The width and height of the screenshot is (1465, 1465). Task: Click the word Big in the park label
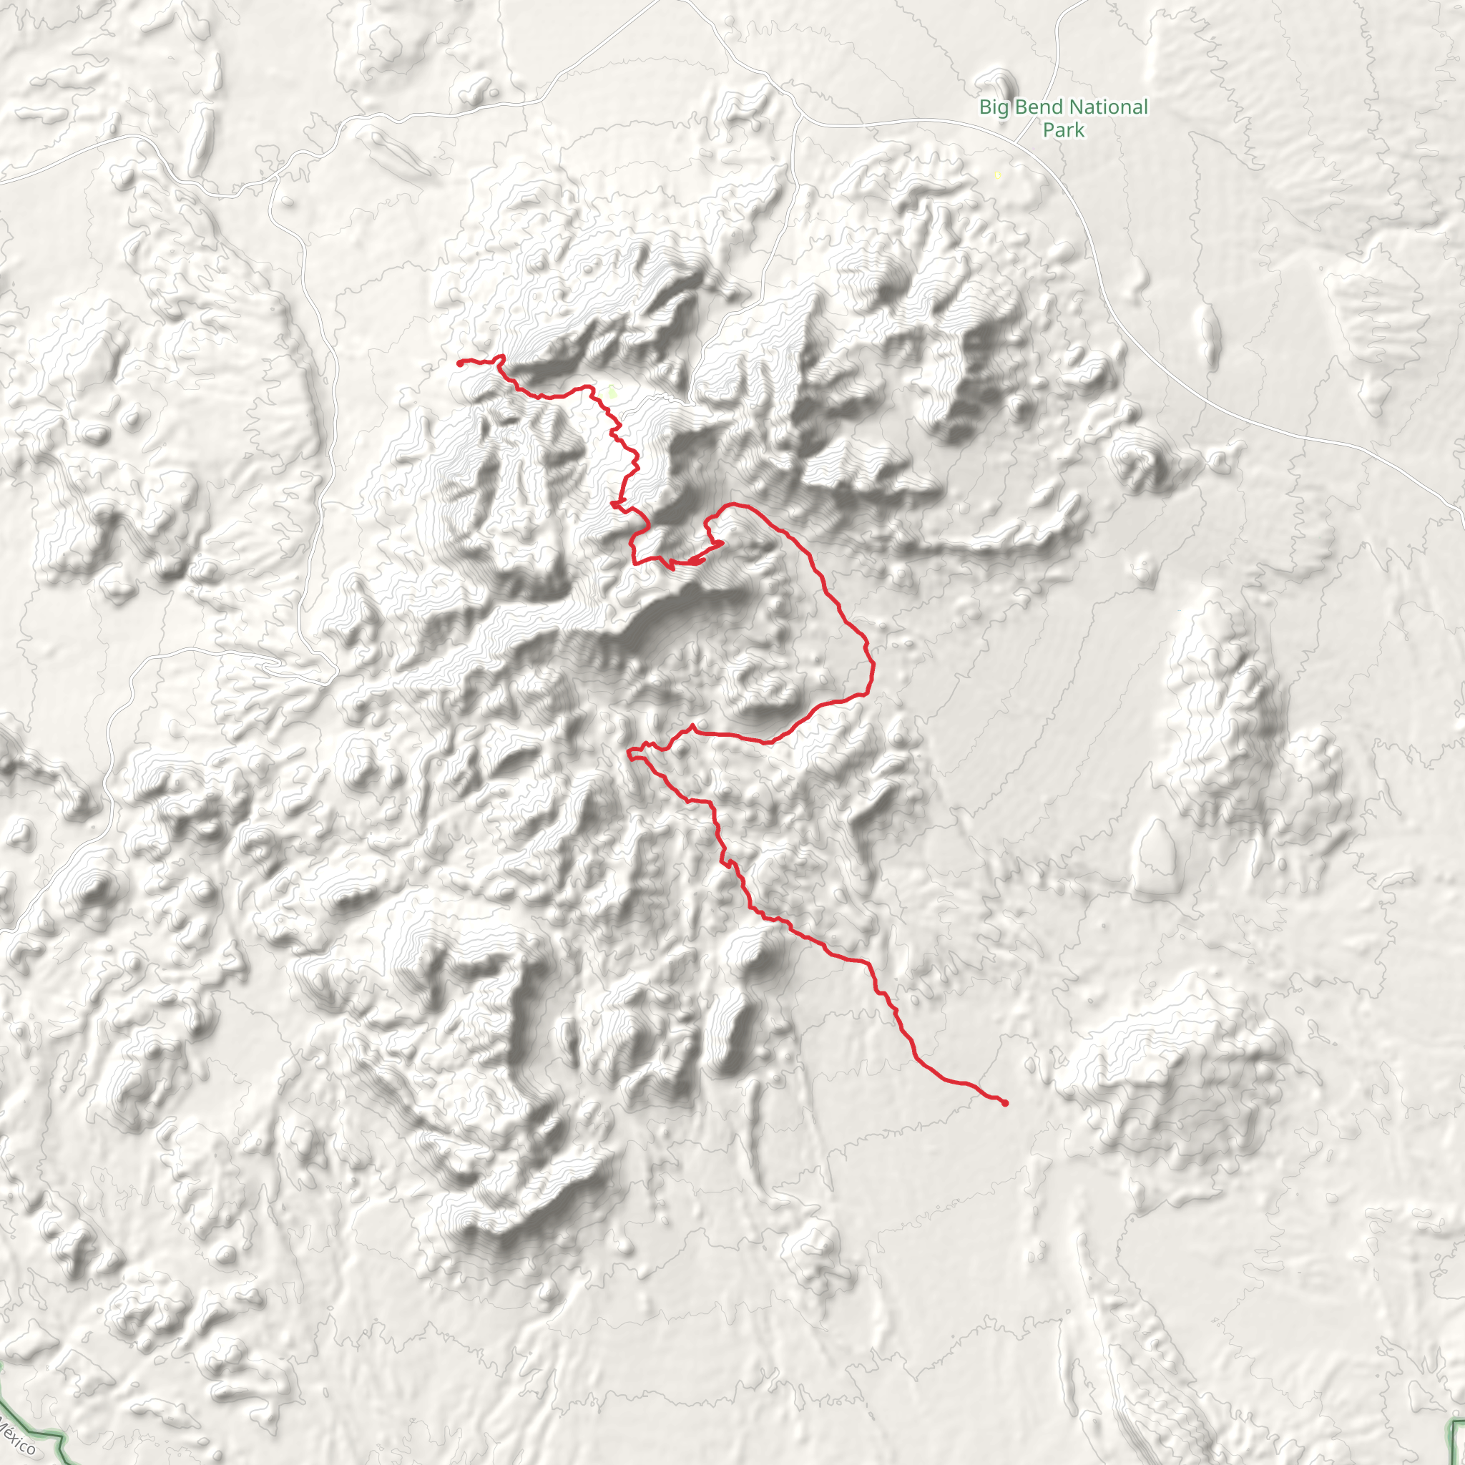coord(993,107)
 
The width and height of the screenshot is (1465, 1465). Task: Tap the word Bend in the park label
coord(1036,107)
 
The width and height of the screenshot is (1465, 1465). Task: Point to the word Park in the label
coord(1063,130)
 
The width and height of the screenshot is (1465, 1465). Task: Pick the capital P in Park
coord(1049,130)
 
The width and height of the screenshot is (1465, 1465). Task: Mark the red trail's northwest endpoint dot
coord(460,363)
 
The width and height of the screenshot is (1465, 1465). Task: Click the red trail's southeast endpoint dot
coord(1006,1102)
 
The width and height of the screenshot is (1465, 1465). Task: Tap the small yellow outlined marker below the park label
coord(997,175)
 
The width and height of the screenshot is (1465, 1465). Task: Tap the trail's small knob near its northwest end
coord(501,357)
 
